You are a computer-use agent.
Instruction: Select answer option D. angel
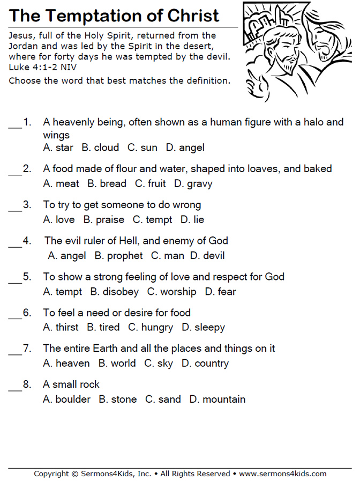(x=185, y=147)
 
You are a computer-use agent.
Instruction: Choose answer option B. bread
(x=107, y=183)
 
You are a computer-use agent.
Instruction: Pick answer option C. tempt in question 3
(x=152, y=220)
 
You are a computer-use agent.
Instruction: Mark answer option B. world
(x=117, y=364)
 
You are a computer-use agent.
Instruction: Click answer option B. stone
(x=117, y=399)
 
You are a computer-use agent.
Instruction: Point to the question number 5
(x=27, y=277)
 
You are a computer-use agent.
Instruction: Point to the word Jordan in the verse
(x=24, y=46)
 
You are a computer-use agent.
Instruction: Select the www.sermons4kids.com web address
(x=282, y=474)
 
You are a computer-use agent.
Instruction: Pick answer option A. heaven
(x=66, y=364)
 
